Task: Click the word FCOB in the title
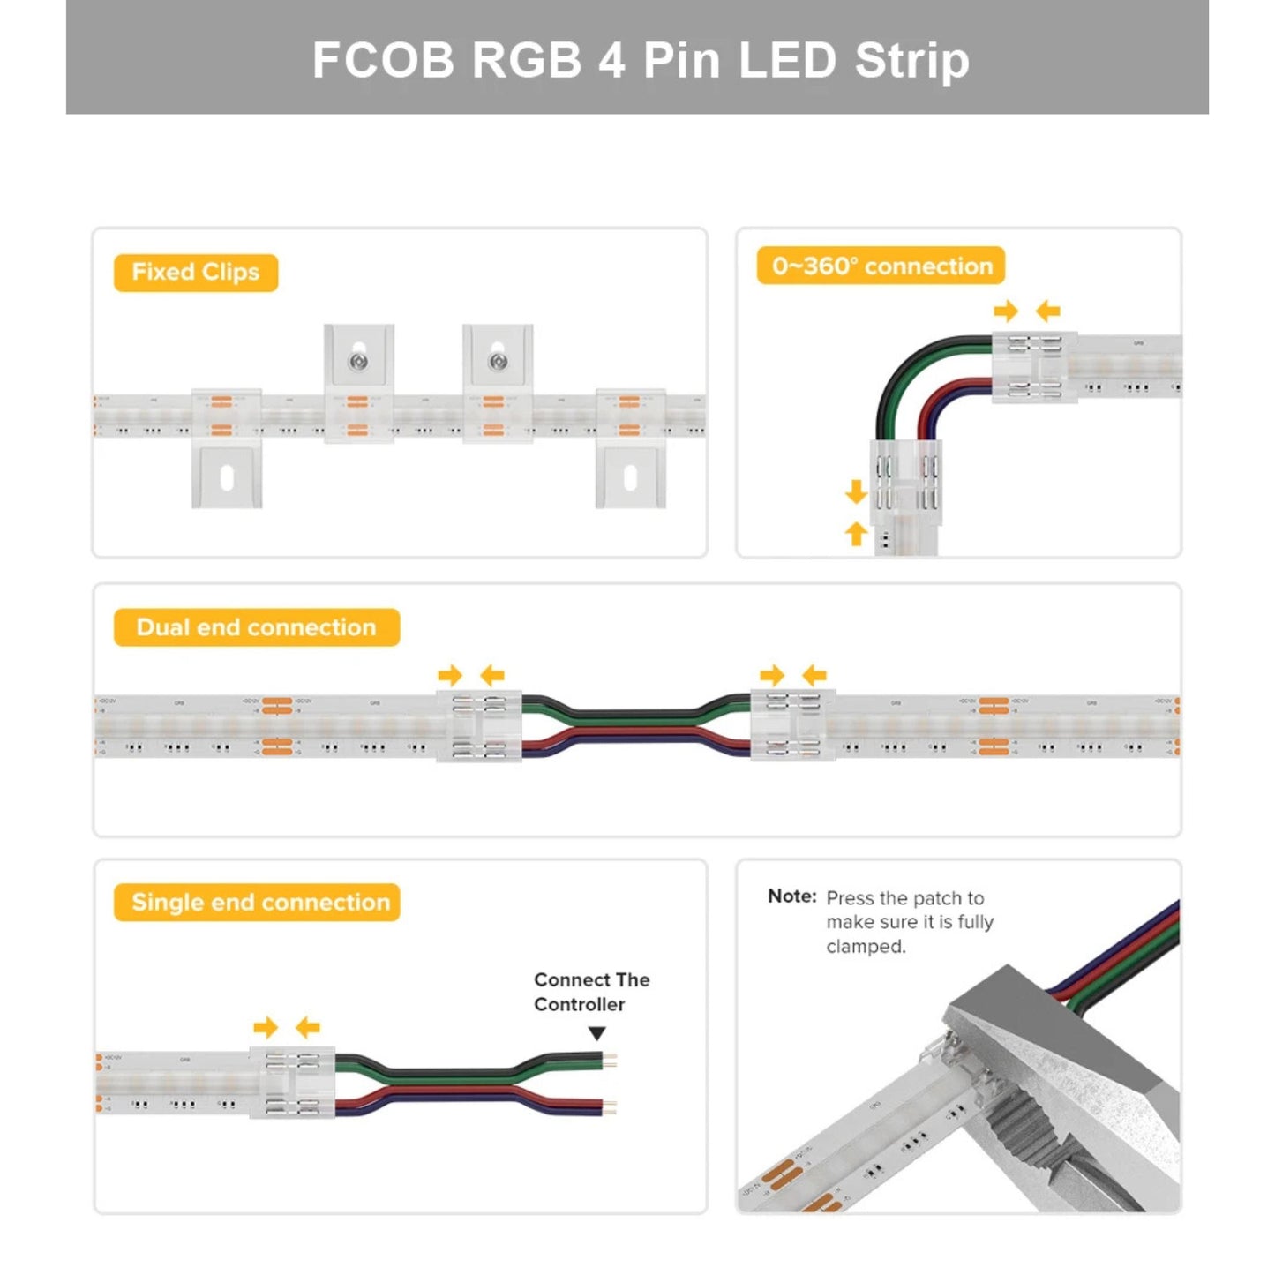[x=383, y=60]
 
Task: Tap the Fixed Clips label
[x=196, y=273]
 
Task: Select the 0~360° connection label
[x=881, y=266]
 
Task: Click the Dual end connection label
[x=257, y=627]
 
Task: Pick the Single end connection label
[x=260, y=903]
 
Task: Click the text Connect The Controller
[x=590, y=992]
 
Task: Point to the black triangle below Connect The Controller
[x=597, y=1033]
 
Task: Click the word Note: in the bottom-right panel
[x=791, y=896]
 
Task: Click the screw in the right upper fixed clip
[x=498, y=361]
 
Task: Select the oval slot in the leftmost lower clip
[x=227, y=478]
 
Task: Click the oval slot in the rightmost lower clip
[x=630, y=478]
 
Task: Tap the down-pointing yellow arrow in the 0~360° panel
[x=856, y=491]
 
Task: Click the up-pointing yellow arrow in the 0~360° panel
[x=856, y=533]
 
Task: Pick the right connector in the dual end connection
[x=792, y=726]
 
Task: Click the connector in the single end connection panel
[x=292, y=1083]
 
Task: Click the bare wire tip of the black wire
[x=611, y=1057]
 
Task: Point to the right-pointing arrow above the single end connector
[x=265, y=1027]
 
